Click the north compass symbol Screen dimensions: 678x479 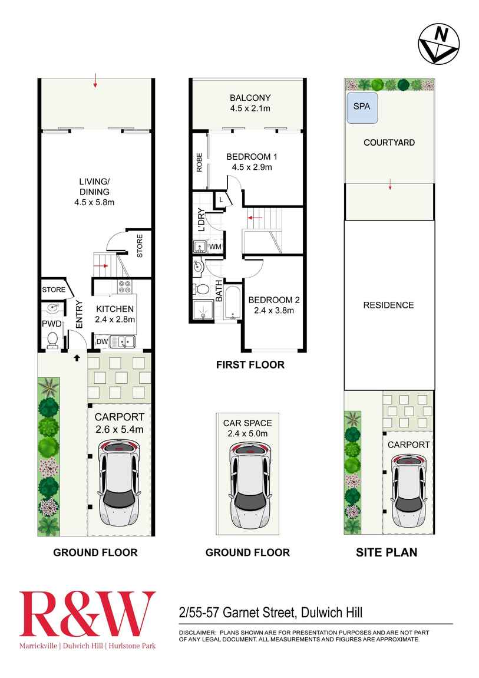coord(439,45)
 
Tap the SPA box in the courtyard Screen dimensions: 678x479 coord(361,107)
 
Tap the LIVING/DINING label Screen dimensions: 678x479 coord(95,192)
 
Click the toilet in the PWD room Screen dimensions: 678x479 coord(52,339)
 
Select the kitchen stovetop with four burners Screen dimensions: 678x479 coord(125,287)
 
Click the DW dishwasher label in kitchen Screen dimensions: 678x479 coord(101,341)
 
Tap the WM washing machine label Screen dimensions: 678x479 coord(214,246)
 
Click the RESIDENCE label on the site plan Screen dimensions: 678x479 coord(388,305)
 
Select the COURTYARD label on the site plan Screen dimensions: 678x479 coord(389,143)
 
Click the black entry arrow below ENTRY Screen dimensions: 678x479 coord(76,357)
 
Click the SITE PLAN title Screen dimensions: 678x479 coord(386,552)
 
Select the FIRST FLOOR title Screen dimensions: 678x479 coord(250,365)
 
